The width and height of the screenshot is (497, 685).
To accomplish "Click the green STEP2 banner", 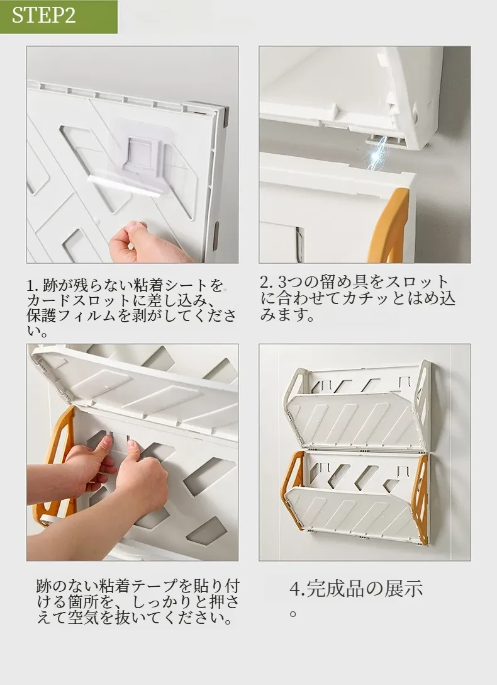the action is pos(59,16).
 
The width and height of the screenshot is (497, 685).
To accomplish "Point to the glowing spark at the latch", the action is pos(375,154).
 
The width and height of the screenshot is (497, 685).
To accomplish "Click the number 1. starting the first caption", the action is pos(33,286).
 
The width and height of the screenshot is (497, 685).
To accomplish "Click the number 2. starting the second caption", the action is pos(267,282).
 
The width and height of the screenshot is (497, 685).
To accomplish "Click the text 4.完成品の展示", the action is pos(356,589).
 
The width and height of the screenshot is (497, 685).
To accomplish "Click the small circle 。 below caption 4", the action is pos(294,613).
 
